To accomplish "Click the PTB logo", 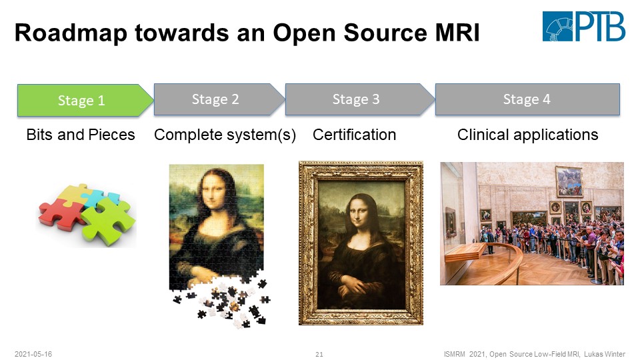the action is pyautogui.click(x=584, y=26).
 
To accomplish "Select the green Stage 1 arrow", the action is pyautogui.click(x=85, y=101).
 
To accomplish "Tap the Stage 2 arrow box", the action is pyautogui.click(x=219, y=99).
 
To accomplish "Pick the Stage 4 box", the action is pyautogui.click(x=527, y=99).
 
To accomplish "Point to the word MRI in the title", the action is pyautogui.click(x=457, y=33).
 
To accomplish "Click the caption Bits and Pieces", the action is pyautogui.click(x=81, y=135).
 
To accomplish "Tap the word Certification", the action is pyautogui.click(x=354, y=135).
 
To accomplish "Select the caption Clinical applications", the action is pyautogui.click(x=527, y=135).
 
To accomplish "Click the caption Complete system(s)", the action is pyautogui.click(x=225, y=135).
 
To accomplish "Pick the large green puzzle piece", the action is pyautogui.click(x=108, y=221).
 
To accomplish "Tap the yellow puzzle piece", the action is pyautogui.click(x=73, y=193).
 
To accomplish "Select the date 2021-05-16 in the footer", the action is pyautogui.click(x=33, y=354).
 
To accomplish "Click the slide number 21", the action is pyautogui.click(x=319, y=354).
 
